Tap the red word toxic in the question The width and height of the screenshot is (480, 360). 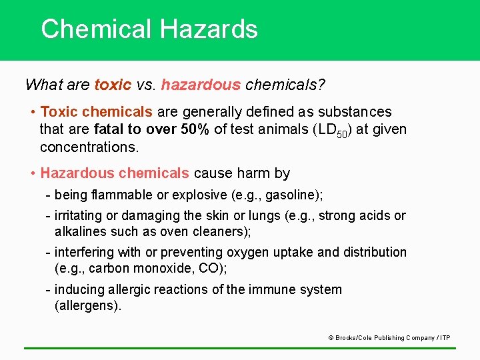point(113,85)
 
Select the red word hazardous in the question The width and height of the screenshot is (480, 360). point(201,85)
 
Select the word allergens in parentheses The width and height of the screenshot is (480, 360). point(88,306)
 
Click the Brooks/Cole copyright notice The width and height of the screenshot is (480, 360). point(389,338)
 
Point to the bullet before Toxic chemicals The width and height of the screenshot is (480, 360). point(33,112)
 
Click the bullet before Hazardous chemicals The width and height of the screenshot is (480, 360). point(33,173)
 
